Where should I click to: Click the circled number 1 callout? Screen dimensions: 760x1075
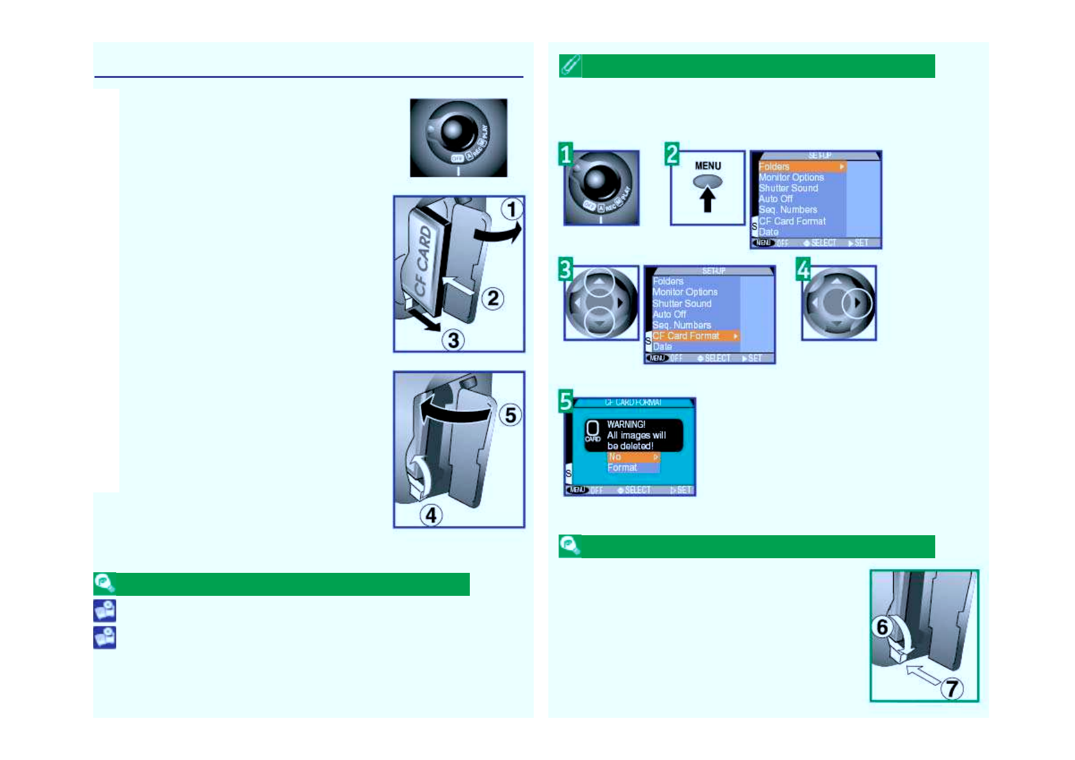tap(511, 209)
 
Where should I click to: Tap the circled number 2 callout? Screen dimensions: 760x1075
tap(493, 298)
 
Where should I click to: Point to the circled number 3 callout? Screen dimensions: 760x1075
tap(453, 340)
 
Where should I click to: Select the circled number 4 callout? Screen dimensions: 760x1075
tap(431, 515)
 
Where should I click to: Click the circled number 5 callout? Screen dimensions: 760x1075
tap(510, 415)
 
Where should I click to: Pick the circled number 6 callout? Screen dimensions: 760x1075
tap(882, 627)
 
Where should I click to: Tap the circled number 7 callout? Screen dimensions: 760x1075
tap(952, 688)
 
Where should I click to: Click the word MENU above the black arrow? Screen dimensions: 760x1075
tap(708, 166)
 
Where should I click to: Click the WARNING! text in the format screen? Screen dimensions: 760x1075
tap(626, 424)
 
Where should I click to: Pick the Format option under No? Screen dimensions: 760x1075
tap(622, 467)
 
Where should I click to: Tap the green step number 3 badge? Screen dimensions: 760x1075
tap(566, 269)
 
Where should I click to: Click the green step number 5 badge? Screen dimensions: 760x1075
tap(566, 401)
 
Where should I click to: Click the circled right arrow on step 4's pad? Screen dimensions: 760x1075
tap(857, 303)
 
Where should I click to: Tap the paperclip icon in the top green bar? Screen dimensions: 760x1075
tap(570, 66)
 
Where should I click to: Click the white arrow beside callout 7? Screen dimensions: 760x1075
tap(922, 674)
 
